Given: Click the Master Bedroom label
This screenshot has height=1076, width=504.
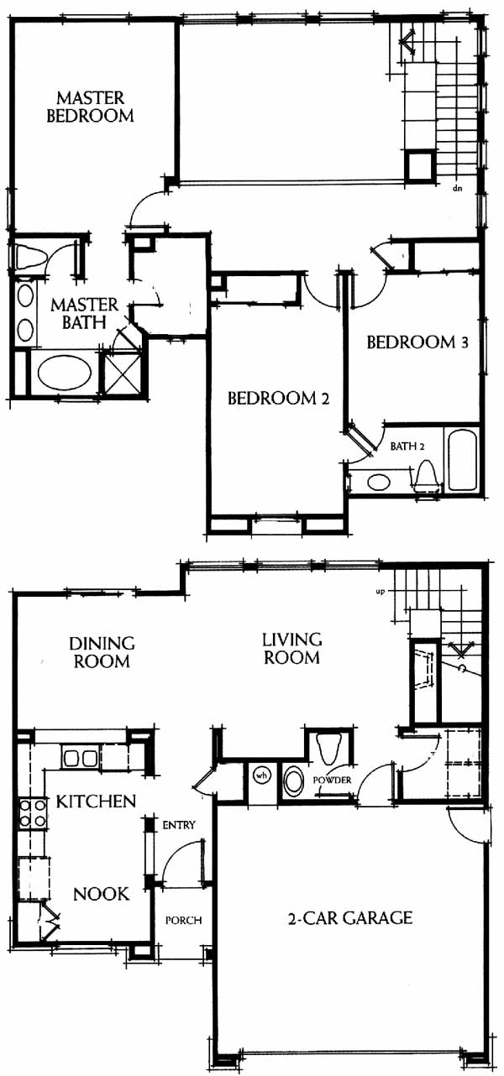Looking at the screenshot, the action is pos(90,107).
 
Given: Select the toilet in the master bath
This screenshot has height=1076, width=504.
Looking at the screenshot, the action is pos(27,259).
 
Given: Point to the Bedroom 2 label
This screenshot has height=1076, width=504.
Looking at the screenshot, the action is pos(278,398).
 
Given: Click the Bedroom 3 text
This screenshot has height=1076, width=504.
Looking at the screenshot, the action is pos(417,342).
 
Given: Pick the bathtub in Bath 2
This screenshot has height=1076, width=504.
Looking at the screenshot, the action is pos(463,460).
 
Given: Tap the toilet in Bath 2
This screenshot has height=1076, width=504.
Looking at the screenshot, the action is pos(426,473).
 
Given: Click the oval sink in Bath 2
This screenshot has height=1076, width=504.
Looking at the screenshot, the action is pos(379,482).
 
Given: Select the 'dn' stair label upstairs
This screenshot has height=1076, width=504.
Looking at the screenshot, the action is pos(457,189).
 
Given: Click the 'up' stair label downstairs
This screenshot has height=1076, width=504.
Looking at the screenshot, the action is pos(381,592).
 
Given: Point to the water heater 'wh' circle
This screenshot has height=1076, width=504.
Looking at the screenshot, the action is pos(262,776).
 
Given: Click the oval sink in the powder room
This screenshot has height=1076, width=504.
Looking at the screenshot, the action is pos(293,781).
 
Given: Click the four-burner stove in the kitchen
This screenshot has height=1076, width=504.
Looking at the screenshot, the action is pos(33,812).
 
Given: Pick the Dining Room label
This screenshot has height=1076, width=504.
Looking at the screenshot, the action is pos(102,652).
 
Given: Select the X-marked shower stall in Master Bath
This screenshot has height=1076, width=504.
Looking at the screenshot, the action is pos(121,373).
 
